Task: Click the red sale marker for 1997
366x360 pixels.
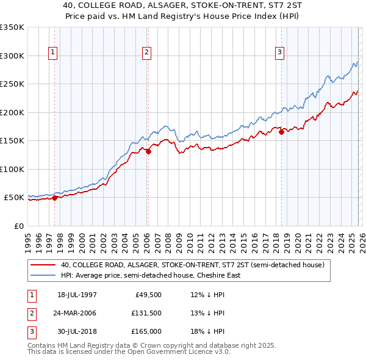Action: [55, 198]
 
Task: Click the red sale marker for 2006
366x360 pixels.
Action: [148, 151]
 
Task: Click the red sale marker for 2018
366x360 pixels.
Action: [281, 132]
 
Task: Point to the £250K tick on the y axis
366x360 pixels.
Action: [12, 84]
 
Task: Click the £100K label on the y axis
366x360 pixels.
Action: [12, 169]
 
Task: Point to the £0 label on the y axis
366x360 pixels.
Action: [18, 226]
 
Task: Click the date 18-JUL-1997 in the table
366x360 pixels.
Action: [77, 295]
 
